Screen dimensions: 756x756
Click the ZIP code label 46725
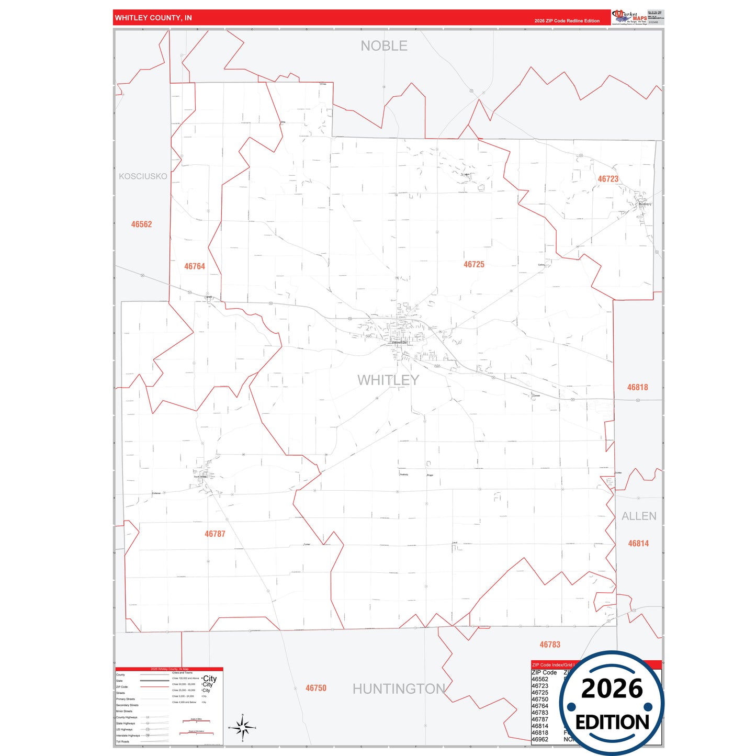[473, 265]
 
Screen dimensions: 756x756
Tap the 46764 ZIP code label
[195, 266]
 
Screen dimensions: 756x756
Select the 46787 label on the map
[215, 534]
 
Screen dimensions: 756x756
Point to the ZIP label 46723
[608, 179]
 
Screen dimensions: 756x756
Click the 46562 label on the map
[141, 224]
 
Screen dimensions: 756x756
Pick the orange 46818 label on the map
[637, 387]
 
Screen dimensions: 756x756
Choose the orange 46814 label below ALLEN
[638, 544]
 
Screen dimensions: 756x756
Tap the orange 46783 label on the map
[550, 645]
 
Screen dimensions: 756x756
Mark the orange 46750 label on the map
[315, 688]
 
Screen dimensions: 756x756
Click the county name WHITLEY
[388, 380]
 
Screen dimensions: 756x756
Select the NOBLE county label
[383, 46]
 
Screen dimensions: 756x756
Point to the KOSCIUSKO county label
[143, 176]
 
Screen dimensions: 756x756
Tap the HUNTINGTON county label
[399, 689]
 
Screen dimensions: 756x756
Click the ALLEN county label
[639, 516]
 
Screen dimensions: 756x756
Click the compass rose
[242, 727]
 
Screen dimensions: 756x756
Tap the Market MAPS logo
[629, 17]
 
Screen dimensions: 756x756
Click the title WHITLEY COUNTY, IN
[153, 18]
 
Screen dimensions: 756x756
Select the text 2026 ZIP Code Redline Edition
[567, 21]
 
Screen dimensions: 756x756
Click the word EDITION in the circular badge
[612, 723]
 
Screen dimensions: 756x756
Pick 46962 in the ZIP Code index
[540, 739]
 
